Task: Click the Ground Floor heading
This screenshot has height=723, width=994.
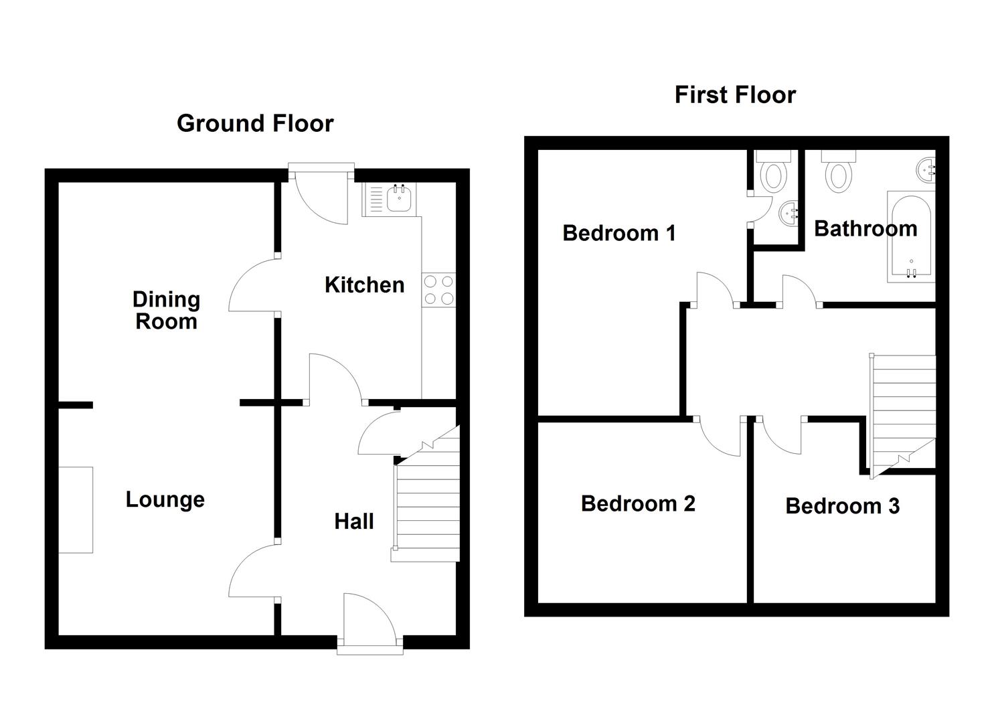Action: pyautogui.click(x=255, y=123)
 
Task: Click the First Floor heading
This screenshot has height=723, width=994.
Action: pyautogui.click(x=736, y=95)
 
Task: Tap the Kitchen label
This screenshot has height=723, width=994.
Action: pyautogui.click(x=365, y=285)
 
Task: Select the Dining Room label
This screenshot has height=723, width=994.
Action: pyautogui.click(x=167, y=310)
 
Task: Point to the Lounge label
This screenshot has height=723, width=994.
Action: pyautogui.click(x=165, y=500)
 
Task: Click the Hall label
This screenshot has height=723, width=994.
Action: pyautogui.click(x=353, y=521)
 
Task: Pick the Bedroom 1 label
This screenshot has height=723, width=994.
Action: pyautogui.click(x=619, y=233)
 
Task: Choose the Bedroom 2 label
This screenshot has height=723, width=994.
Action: pyautogui.click(x=638, y=503)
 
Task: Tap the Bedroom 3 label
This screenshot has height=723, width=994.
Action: pyautogui.click(x=843, y=506)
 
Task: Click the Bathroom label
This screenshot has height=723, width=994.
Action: pyautogui.click(x=865, y=228)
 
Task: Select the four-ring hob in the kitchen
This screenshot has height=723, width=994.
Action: pyautogui.click(x=438, y=290)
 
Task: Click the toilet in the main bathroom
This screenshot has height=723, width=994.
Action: pyautogui.click(x=838, y=171)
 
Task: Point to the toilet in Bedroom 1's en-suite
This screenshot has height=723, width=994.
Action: pyautogui.click(x=774, y=171)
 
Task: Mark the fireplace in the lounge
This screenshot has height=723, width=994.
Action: pyautogui.click(x=76, y=510)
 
